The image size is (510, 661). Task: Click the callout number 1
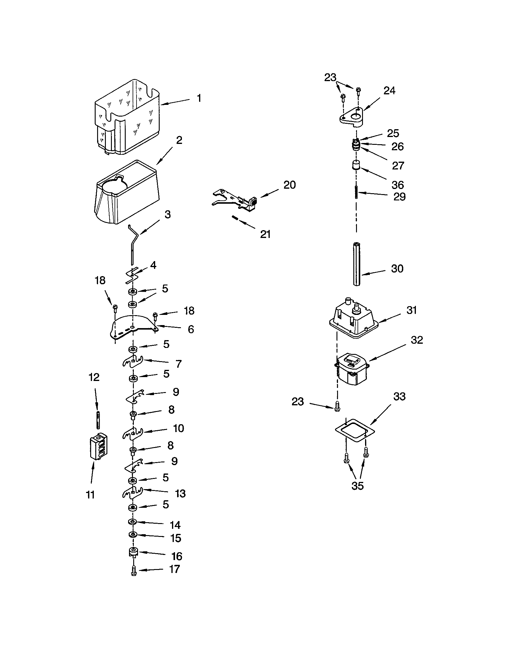[199, 98]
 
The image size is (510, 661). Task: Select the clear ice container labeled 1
[127, 118]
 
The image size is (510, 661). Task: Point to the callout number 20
[289, 185]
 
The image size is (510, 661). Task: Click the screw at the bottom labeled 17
[134, 572]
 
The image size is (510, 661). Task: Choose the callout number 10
[178, 428]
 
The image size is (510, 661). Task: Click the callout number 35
[357, 486]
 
